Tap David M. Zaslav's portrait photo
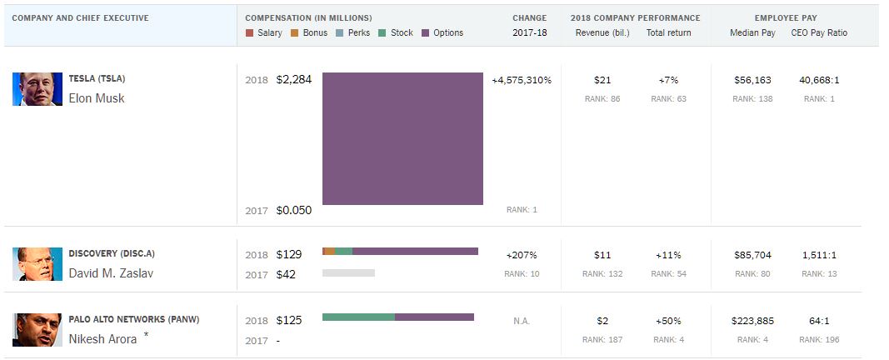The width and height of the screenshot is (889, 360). click(x=37, y=263)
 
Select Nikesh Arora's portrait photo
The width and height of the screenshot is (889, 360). click(x=37, y=329)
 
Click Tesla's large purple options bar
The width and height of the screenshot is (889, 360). click(x=402, y=138)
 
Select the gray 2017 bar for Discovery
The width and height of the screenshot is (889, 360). click(x=348, y=273)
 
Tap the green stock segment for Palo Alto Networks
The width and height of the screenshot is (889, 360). click(x=358, y=317)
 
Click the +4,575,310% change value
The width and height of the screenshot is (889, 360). click(x=522, y=81)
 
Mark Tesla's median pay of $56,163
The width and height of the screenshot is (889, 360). click(x=752, y=81)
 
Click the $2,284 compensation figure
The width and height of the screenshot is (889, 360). click(x=293, y=81)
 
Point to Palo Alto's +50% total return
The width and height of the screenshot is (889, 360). click(x=667, y=321)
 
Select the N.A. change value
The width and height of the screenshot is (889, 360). click(x=522, y=321)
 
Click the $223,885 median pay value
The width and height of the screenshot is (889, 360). click(x=752, y=321)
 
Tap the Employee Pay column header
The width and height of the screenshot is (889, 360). click(x=784, y=17)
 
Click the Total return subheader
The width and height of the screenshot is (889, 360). click(x=669, y=33)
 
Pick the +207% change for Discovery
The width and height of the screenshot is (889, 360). click(x=522, y=255)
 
